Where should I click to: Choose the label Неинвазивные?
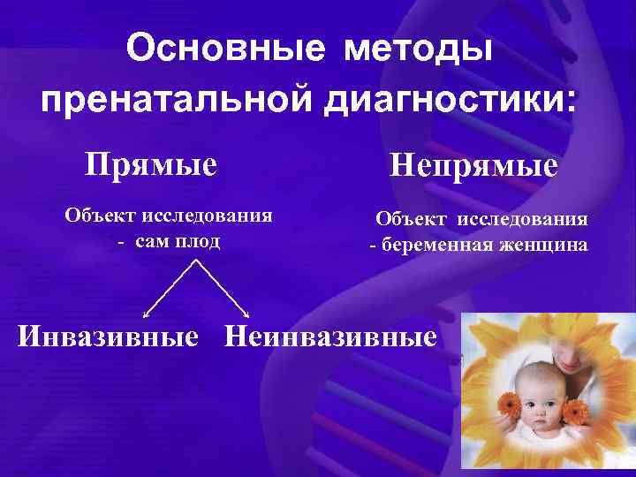pyautogui.click(x=331, y=336)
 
